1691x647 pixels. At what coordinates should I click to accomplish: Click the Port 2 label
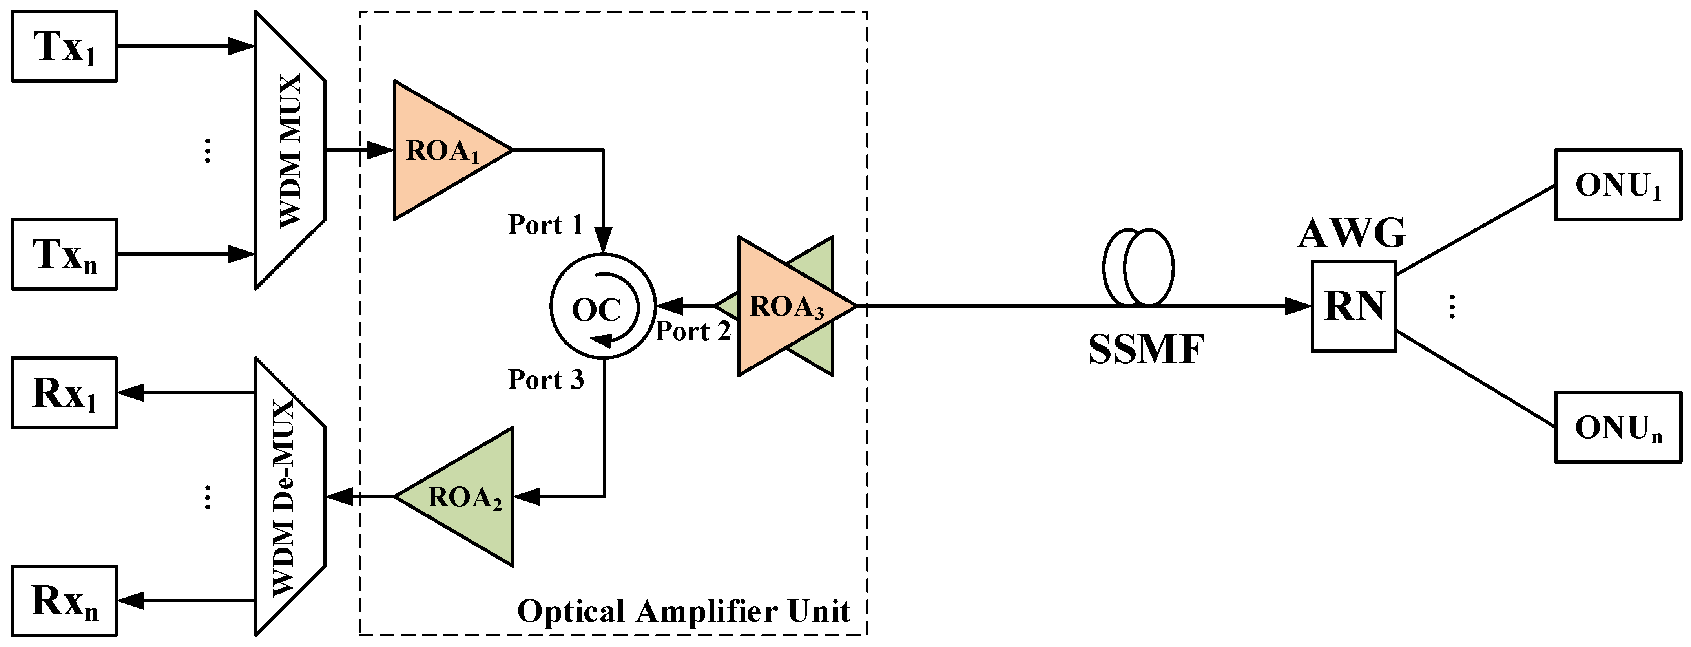[693, 331]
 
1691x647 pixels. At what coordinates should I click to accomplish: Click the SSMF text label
[1146, 349]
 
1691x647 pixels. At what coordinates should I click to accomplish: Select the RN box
[1354, 307]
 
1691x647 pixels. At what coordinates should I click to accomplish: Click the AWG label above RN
[1352, 233]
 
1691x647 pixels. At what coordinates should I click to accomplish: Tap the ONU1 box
[1618, 185]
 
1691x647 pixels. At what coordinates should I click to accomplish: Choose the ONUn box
[1618, 428]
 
